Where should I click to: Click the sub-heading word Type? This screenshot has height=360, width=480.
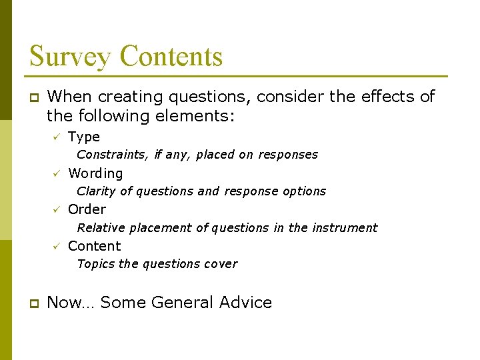(84, 137)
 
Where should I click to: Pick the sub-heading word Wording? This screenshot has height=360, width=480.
(95, 174)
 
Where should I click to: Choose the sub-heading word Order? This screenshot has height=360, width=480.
(87, 209)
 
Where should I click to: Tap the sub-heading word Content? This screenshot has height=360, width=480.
(95, 246)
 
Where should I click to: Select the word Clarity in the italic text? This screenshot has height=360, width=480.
(96, 191)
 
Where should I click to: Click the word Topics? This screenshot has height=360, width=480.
(96, 264)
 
